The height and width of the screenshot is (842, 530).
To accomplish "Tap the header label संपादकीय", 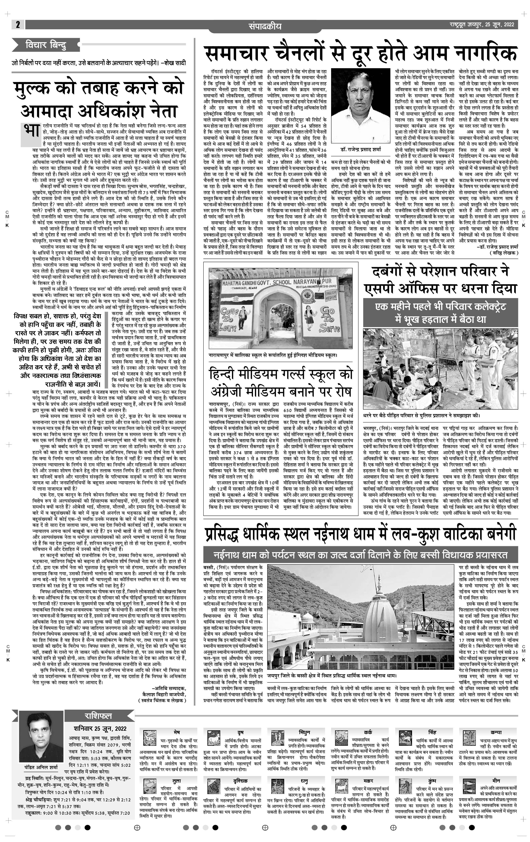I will click(265, 26).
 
